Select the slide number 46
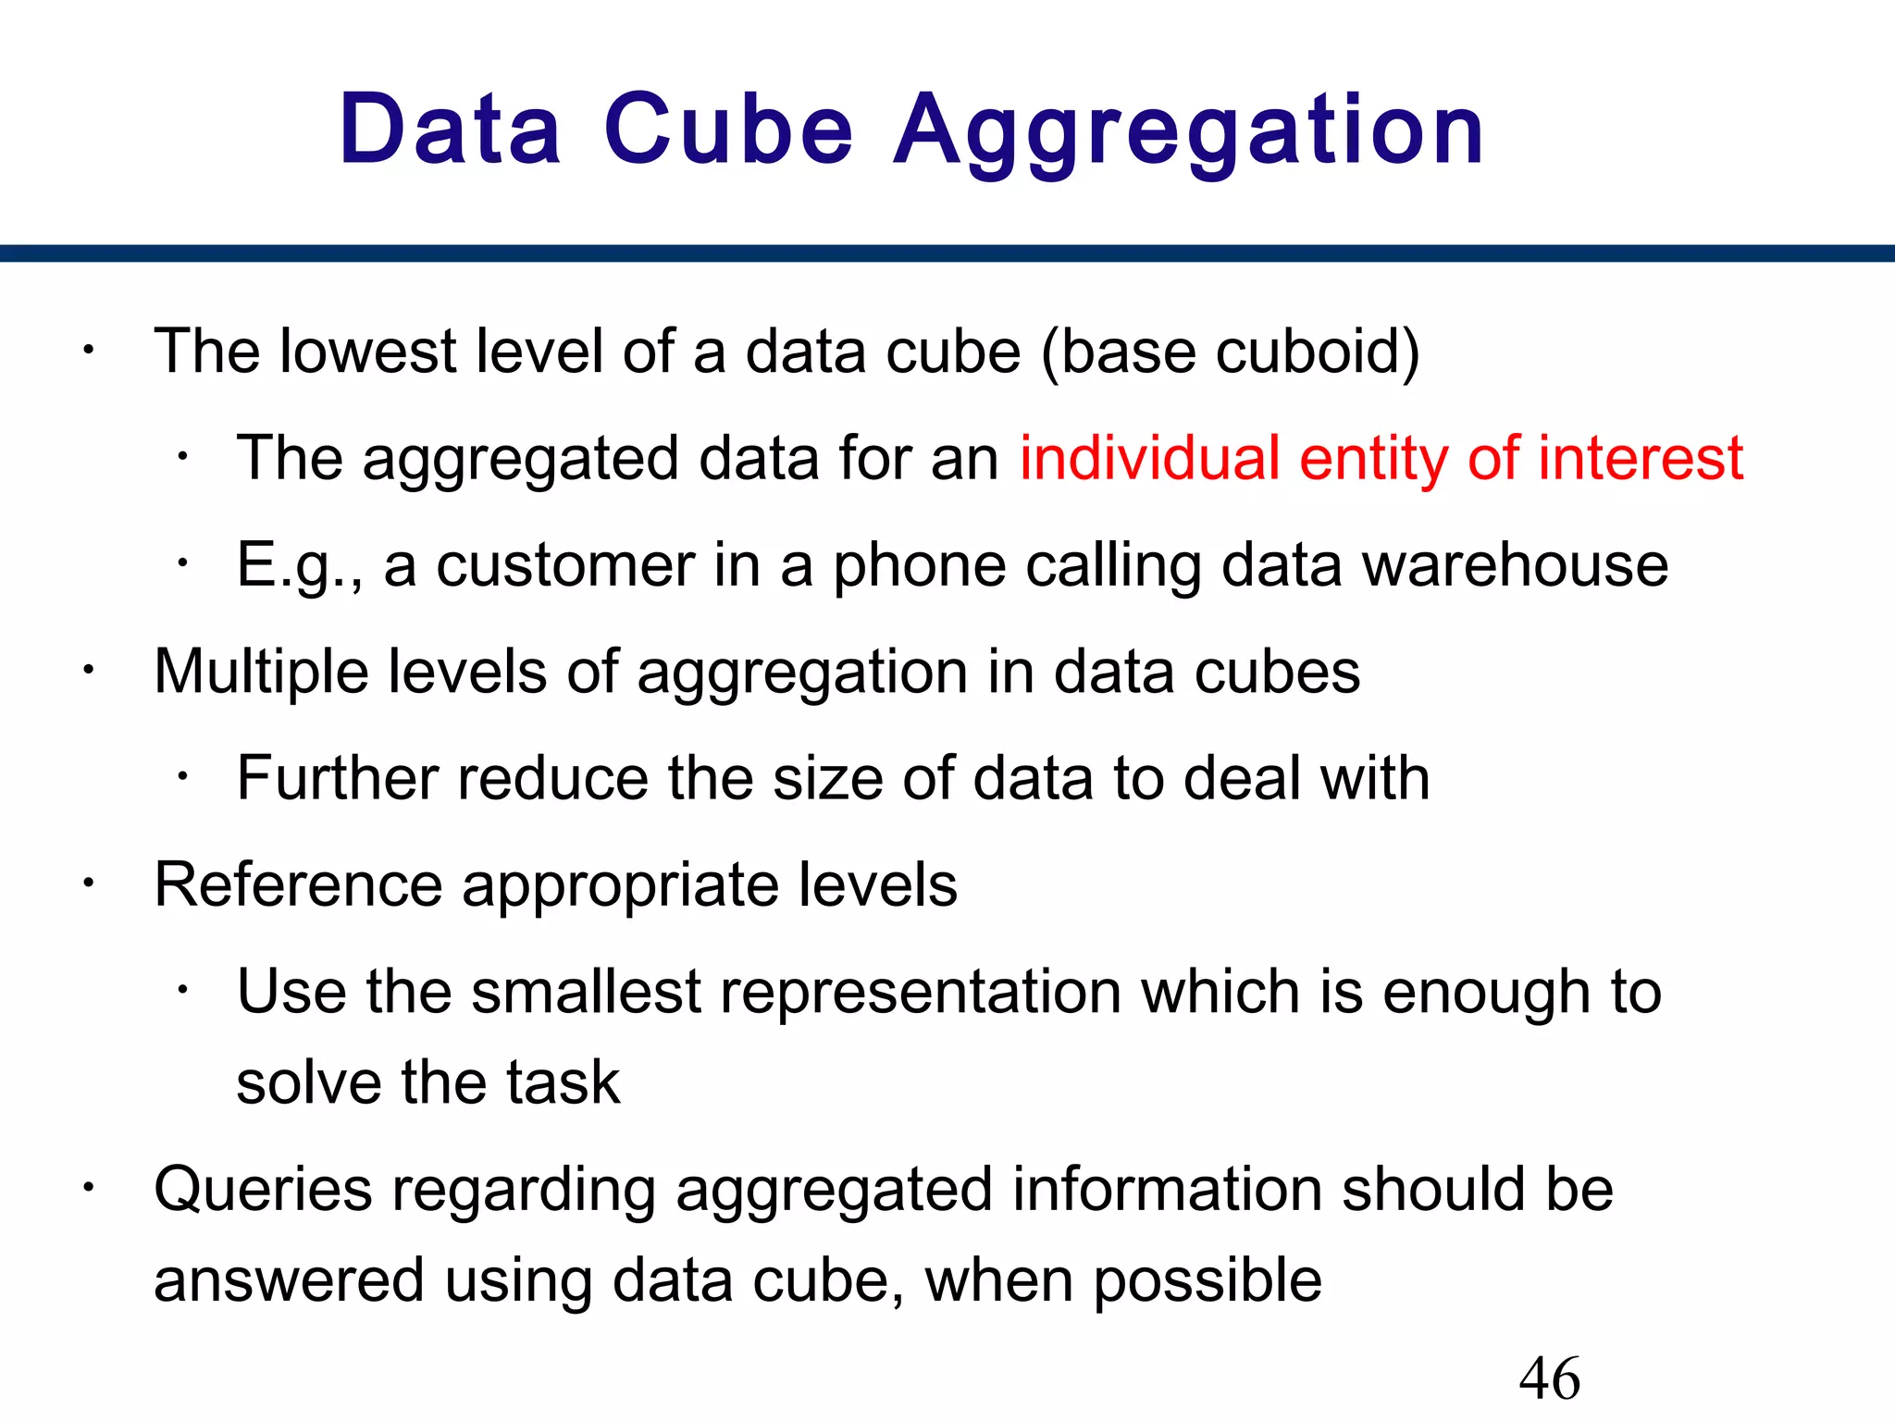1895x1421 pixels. click(1550, 1378)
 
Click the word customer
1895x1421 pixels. click(565, 565)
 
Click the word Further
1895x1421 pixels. click(337, 778)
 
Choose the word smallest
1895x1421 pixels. click(586, 992)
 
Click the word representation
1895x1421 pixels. click(921, 992)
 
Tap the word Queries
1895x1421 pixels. click(263, 1190)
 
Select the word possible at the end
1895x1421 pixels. click(1208, 1281)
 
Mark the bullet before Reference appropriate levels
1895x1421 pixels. click(87, 884)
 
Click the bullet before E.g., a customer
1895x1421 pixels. click(183, 563)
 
